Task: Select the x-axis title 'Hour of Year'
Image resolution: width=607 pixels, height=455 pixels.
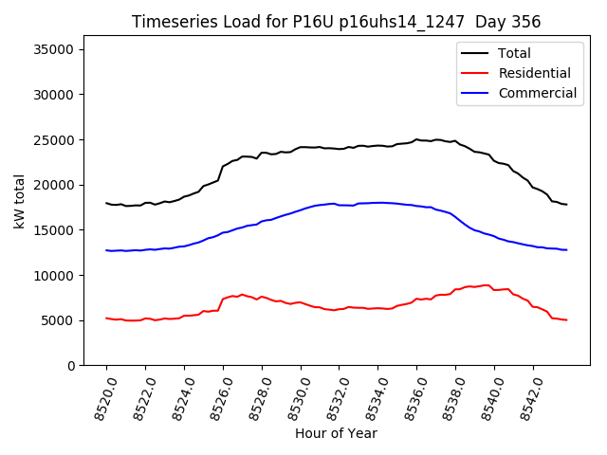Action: point(337,433)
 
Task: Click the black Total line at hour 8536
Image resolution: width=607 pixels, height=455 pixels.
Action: point(416,139)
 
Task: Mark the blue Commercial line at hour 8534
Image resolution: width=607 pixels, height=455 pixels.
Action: point(377,202)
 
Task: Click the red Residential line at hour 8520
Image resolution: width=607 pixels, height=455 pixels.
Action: point(106,318)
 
